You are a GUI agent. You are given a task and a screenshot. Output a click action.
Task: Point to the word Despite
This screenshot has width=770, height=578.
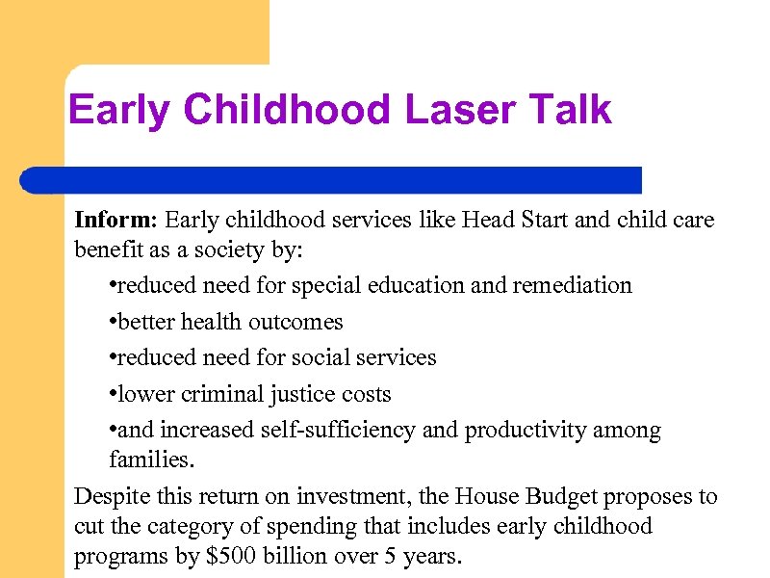pyautogui.click(x=112, y=496)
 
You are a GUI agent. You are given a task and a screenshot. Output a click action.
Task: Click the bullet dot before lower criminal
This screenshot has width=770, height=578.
pyautogui.click(x=114, y=395)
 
